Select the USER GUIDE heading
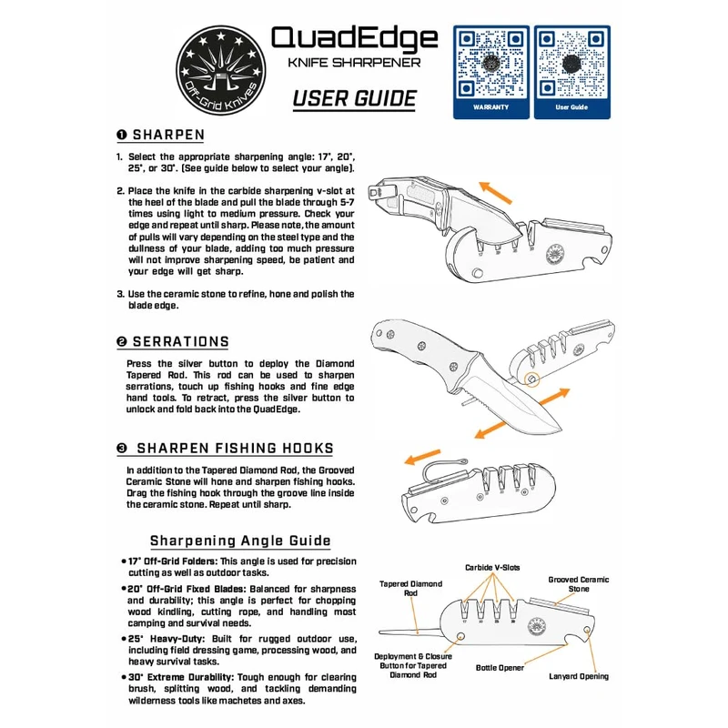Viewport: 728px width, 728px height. pos(354,98)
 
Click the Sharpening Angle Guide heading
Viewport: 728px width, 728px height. pos(240,541)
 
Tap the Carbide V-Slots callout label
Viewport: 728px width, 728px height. pos(492,567)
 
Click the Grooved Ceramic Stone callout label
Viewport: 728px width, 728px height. pos(579,584)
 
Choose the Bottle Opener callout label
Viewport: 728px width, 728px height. pos(500,668)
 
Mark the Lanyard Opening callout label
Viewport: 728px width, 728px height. pos(579,676)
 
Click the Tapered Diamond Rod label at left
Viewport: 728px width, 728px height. pos(410,589)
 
